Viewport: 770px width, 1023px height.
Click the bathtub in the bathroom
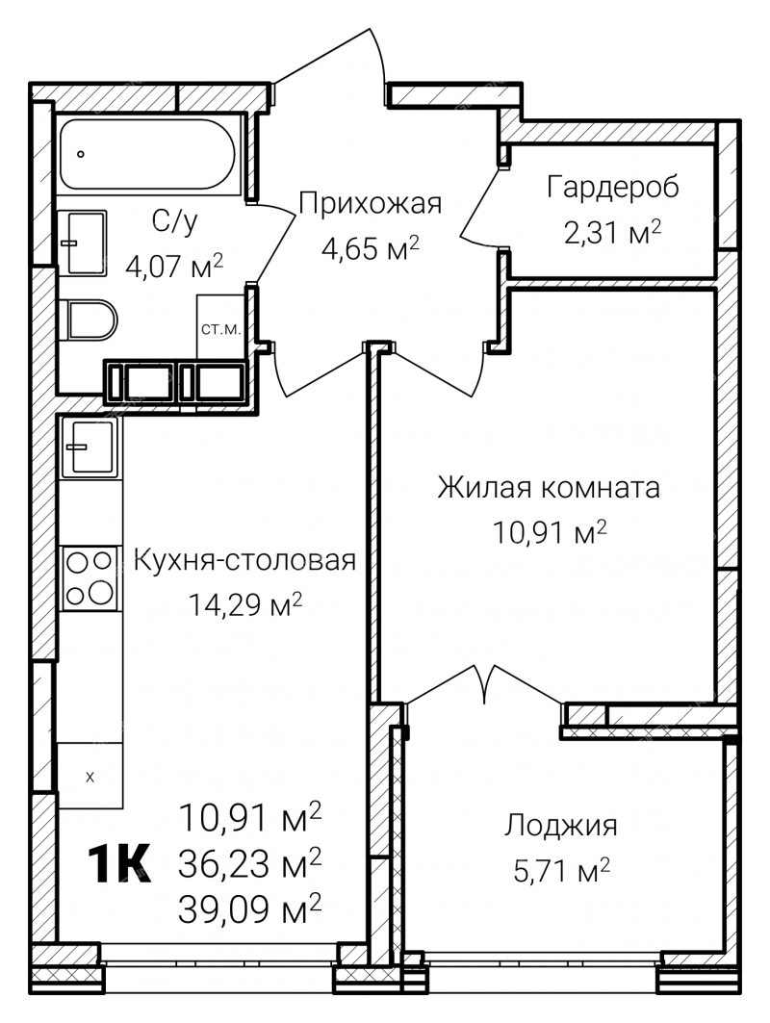147,154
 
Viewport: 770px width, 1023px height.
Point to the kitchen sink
90,448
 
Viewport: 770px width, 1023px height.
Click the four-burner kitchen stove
90,578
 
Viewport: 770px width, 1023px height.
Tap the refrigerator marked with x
90,776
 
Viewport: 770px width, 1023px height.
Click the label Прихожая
370,204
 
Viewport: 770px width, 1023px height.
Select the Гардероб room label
613,188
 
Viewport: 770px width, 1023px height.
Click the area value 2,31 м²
613,232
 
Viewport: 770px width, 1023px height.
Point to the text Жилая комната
548,487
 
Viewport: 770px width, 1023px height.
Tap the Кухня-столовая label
244,560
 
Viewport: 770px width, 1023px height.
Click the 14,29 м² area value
244,604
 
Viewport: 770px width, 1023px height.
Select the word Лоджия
560,826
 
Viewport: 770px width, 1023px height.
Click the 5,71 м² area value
562,870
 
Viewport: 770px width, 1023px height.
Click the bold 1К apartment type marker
120,864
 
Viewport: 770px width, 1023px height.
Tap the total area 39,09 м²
250,908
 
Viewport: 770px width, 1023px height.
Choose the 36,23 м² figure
250,863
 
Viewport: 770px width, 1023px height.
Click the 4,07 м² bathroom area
174,267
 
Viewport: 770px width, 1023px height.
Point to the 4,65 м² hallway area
370,248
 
